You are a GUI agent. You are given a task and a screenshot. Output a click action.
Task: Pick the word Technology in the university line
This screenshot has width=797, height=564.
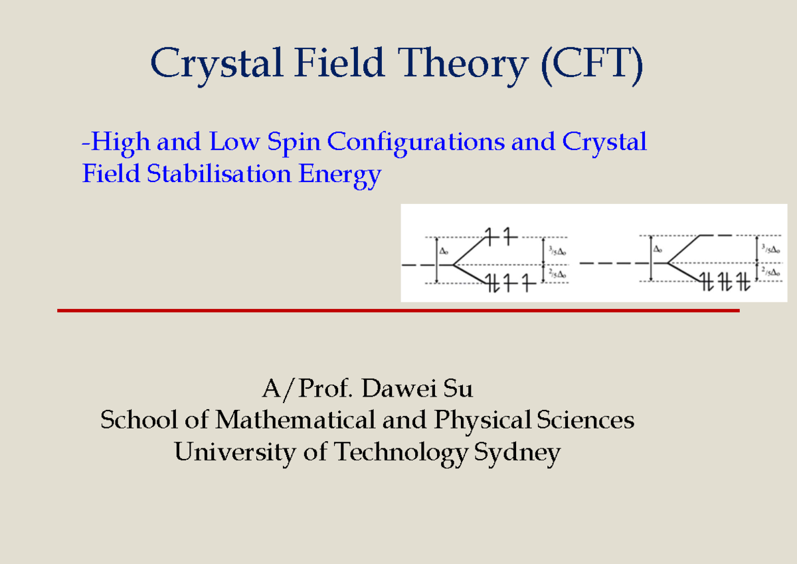(400, 453)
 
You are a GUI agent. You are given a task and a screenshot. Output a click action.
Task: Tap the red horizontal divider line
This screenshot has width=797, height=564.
(398, 310)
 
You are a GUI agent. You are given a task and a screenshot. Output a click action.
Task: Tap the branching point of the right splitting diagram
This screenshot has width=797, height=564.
(667, 264)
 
